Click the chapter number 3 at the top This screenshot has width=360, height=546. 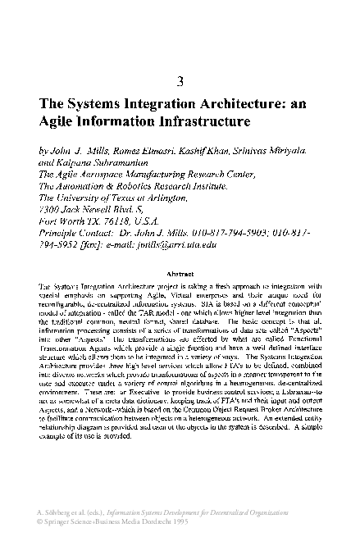click(x=180, y=80)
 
